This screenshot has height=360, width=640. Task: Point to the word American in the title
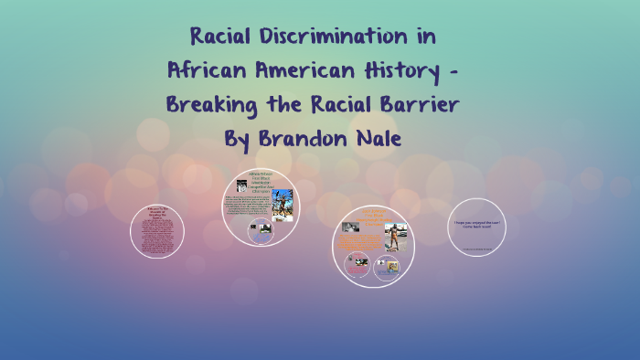click(x=307, y=70)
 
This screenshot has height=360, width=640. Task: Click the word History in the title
click(x=409, y=70)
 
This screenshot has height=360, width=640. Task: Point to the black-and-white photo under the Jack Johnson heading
click(x=348, y=227)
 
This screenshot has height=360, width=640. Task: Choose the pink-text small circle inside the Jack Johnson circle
click(x=353, y=265)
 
